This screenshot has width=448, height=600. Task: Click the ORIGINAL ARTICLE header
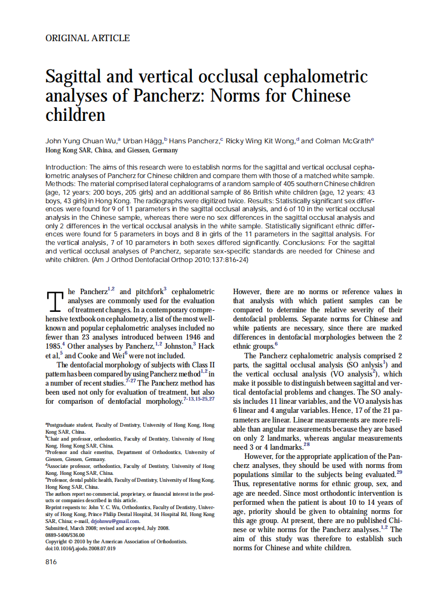[x=88, y=38]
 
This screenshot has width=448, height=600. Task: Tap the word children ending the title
[x=75, y=114]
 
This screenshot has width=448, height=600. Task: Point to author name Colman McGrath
[x=343, y=141]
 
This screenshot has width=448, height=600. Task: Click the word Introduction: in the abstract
[x=66, y=167]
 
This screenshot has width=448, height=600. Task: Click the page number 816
[x=51, y=561]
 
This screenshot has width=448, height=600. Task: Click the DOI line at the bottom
[x=81, y=548]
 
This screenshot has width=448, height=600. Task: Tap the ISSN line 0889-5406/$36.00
[x=65, y=534]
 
